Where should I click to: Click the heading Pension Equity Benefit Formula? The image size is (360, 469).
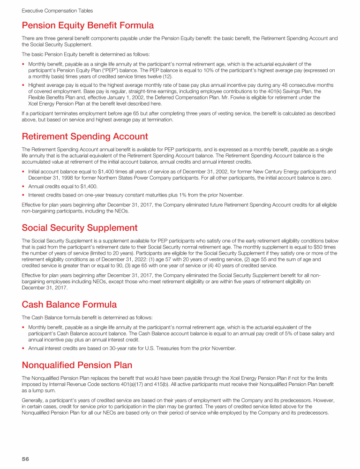[88, 25]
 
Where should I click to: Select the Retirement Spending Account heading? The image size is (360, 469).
[85, 136]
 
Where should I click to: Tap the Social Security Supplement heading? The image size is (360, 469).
[80, 228]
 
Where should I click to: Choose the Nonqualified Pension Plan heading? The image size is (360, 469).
[77, 364]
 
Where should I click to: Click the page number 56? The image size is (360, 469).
[26, 459]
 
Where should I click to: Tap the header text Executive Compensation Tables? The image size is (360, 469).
[57, 10]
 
